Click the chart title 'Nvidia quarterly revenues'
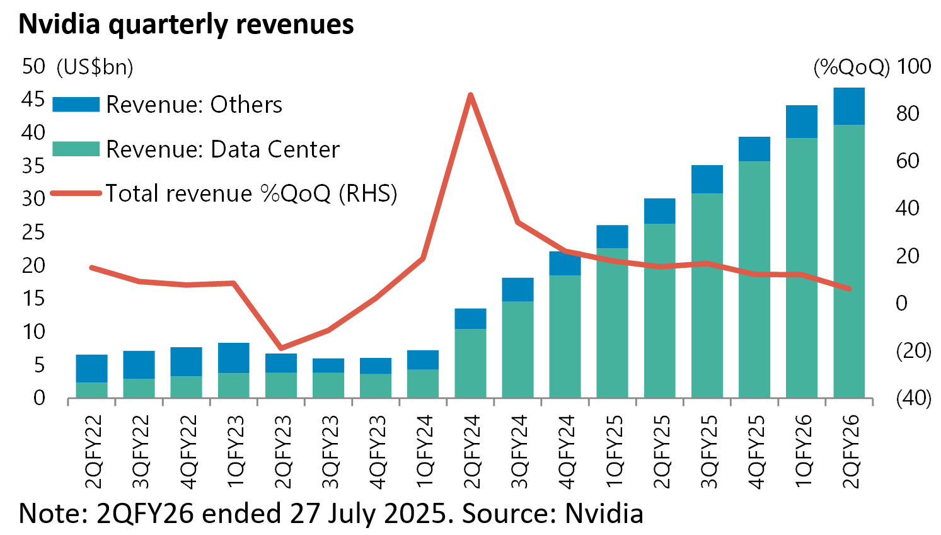tap(186, 24)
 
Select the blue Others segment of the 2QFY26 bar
tap(848, 106)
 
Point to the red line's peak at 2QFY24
tap(470, 95)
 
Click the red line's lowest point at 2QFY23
tap(281, 348)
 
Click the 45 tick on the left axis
tap(33, 100)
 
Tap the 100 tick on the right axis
tap(913, 66)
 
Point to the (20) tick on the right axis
tap(913, 350)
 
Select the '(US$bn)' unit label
tap(95, 67)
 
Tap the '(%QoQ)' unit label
tap(851, 67)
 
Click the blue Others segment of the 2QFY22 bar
tap(91, 368)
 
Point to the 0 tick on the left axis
tap(39, 398)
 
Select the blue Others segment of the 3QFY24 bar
tap(517, 289)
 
